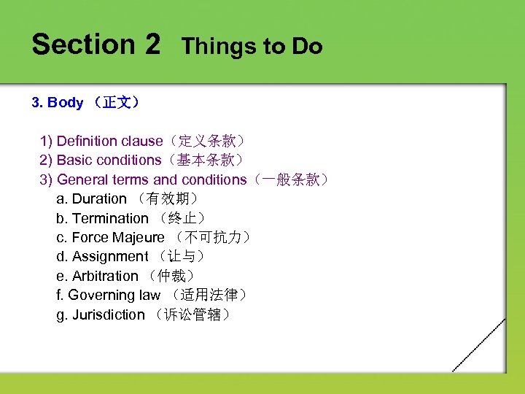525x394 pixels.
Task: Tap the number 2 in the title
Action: (x=152, y=45)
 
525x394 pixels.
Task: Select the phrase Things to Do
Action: (x=252, y=47)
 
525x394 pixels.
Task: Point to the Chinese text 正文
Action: (x=117, y=103)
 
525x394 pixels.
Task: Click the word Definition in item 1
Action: (x=87, y=141)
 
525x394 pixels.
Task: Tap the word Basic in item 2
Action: (x=74, y=160)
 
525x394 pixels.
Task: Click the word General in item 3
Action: (x=81, y=179)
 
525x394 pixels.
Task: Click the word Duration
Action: (x=99, y=198)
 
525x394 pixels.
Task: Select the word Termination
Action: (x=110, y=218)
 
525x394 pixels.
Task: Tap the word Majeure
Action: (x=139, y=237)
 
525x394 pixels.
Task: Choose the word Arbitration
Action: (x=105, y=276)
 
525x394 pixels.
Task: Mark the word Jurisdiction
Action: (x=108, y=315)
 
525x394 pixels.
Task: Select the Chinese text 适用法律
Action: (x=216, y=295)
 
